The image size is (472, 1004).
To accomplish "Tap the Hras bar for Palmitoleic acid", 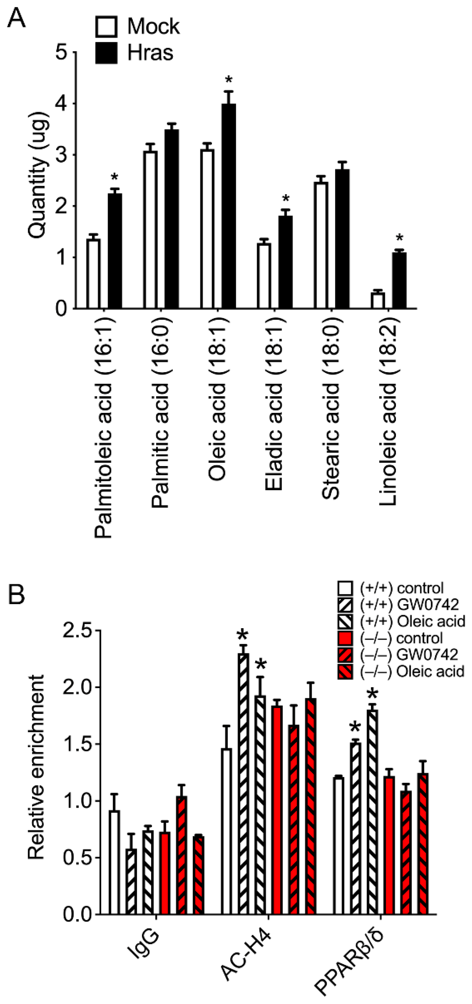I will [115, 251].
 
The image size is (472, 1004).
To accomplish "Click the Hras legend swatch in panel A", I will [106, 53].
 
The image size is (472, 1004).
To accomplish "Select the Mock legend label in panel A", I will [153, 27].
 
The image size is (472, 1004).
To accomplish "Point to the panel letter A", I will [16, 18].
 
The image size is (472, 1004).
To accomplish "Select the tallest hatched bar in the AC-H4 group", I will [243, 783].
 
